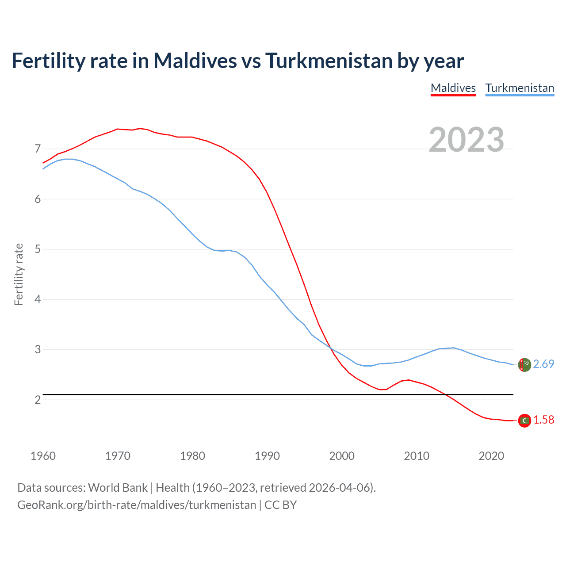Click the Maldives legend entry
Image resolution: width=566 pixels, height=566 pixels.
[x=453, y=88]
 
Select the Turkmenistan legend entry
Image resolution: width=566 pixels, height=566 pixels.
[x=520, y=88]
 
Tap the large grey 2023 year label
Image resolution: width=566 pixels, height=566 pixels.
[x=466, y=140]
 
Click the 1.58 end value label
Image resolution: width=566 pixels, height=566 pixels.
[x=543, y=420]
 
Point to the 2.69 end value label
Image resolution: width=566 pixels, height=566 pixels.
[x=543, y=364]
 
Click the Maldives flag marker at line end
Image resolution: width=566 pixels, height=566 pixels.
[x=524, y=421]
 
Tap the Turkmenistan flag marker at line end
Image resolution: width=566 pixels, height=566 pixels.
[x=524, y=365]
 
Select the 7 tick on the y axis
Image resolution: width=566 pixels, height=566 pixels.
[x=38, y=149]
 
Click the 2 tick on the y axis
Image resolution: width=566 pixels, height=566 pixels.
[x=38, y=400]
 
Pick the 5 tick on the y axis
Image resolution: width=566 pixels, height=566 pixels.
[x=38, y=249]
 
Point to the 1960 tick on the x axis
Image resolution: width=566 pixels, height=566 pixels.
[x=43, y=456]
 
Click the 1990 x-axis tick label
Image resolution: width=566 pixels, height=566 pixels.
[x=267, y=456]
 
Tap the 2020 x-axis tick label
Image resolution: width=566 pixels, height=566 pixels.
[x=491, y=456]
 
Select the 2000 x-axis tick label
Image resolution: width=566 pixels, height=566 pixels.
[x=342, y=456]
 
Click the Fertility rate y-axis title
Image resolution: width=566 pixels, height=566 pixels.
[x=19, y=274]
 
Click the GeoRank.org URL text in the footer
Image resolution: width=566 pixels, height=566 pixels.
[x=137, y=505]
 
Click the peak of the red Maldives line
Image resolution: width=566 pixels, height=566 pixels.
[x=139, y=128]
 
